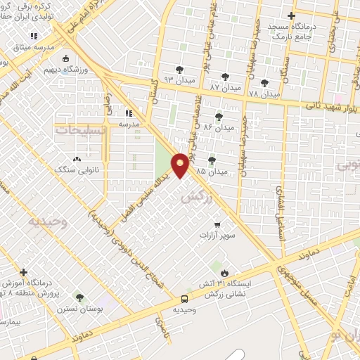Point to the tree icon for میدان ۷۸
click(265, 84)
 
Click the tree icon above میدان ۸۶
click(219, 117)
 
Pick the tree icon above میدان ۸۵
click(212, 160)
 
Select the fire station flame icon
click(224, 273)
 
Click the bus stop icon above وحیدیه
click(184, 298)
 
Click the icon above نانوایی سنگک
click(77, 158)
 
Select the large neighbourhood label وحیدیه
click(46, 221)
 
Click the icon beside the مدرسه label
click(128, 112)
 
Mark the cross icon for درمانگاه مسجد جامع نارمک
click(292, 15)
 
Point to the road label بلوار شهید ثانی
click(331, 106)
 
